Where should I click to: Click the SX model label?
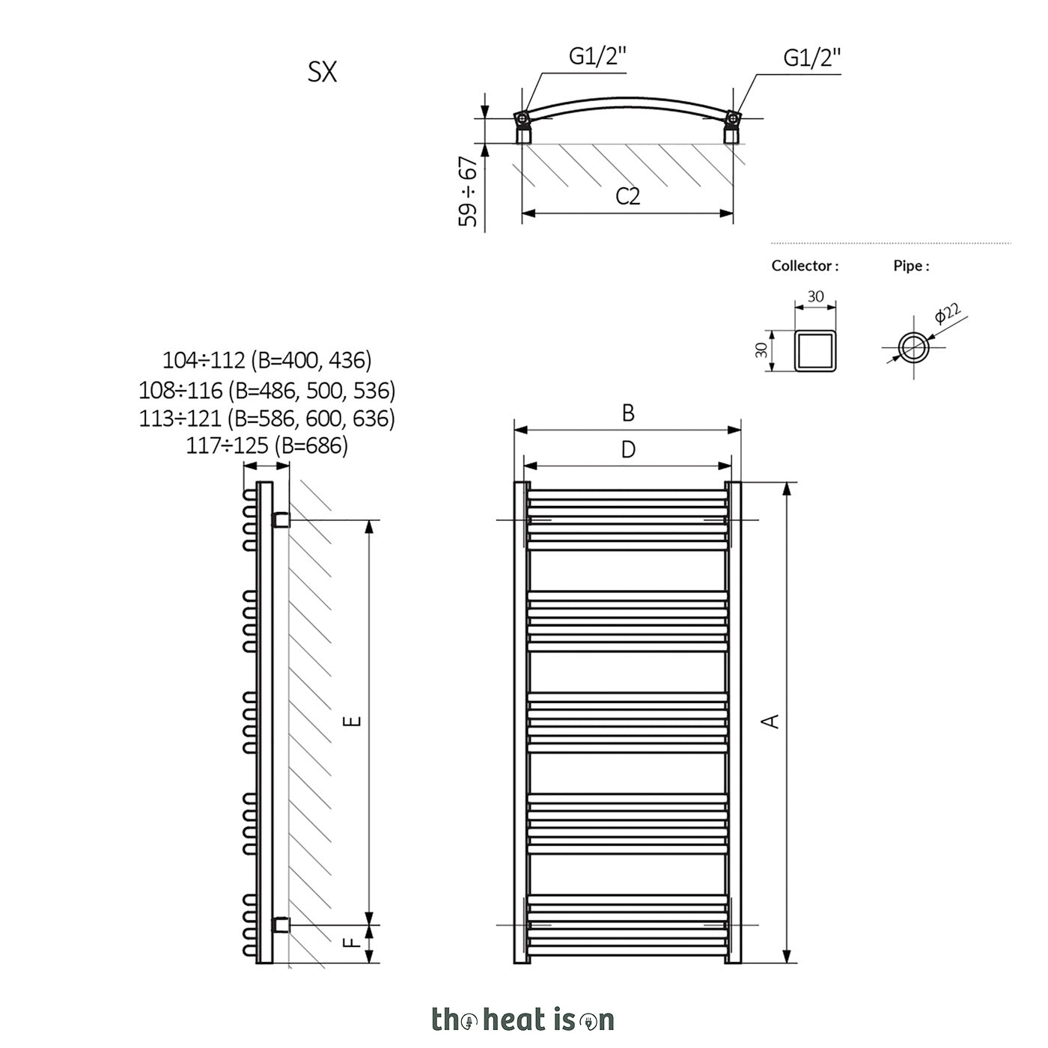click(322, 72)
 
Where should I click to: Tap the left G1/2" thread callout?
click(597, 56)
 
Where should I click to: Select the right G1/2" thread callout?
click(812, 58)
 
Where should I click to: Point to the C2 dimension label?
click(627, 196)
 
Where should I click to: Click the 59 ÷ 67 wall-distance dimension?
click(469, 192)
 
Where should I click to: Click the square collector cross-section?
click(815, 350)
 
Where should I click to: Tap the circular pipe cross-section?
click(914, 347)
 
